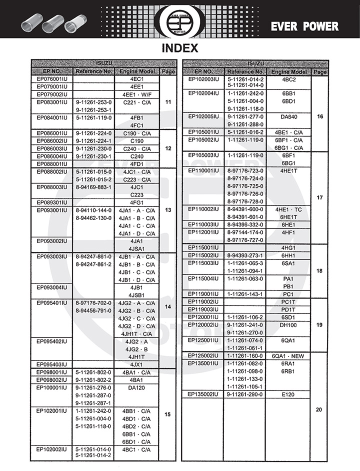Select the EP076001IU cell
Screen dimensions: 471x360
pyautogui.click(x=52, y=79)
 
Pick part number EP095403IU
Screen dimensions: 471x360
pyautogui.click(x=52, y=364)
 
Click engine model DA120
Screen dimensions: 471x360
pyautogui.click(x=136, y=387)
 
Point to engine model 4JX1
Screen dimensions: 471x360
pyautogui.click(x=136, y=364)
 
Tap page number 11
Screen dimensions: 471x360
pyautogui.click(x=168, y=102)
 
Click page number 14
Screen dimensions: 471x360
pyautogui.click(x=168, y=306)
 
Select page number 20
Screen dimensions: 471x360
pyautogui.click(x=319, y=410)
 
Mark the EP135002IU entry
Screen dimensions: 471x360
pyautogui.click(x=203, y=394)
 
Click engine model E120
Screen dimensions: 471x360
pyautogui.click(x=288, y=394)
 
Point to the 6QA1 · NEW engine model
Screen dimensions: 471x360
pyautogui.click(x=288, y=355)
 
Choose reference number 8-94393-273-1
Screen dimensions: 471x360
pyautogui.click(x=245, y=255)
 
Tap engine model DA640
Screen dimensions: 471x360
pyautogui.click(x=288, y=116)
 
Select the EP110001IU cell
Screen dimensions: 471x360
pyautogui.click(x=203, y=170)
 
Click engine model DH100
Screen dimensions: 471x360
pyautogui.click(x=288, y=325)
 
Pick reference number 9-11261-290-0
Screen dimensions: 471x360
pyautogui.click(x=245, y=394)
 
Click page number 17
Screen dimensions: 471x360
pyautogui.click(x=319, y=197)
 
